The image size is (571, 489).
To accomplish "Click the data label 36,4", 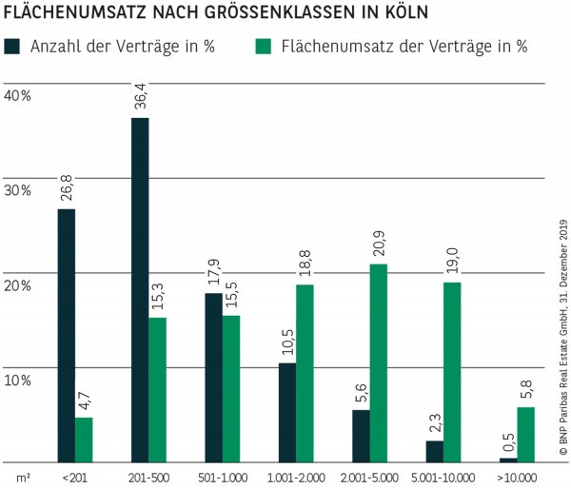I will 141,97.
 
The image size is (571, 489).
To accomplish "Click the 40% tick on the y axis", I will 18,96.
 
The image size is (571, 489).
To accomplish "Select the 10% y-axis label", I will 18,380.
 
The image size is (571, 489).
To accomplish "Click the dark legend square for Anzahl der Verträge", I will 15,46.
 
